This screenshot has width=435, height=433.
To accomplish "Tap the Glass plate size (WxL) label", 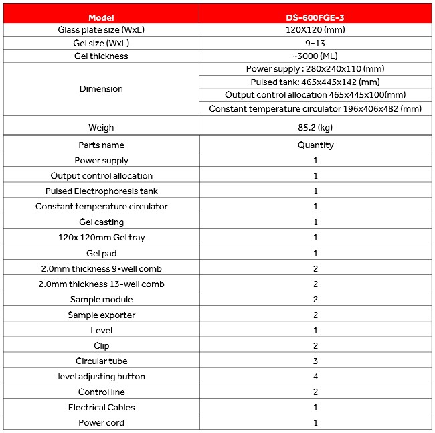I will [101, 30].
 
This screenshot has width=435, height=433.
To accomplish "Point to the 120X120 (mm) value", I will [315, 30].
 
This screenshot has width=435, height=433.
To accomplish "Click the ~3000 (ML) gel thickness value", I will [315, 56].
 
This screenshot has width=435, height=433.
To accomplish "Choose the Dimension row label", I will [101, 89].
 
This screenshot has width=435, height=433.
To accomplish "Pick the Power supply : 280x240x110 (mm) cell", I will [315, 69].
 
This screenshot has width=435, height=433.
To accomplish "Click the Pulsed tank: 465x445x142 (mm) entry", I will [315, 82].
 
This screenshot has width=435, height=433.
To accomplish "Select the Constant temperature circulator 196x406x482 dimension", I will [315, 108].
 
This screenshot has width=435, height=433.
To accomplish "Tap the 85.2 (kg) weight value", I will [315, 127].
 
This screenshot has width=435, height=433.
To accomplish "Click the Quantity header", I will [315, 145].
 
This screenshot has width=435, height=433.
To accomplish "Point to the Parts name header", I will [101, 145].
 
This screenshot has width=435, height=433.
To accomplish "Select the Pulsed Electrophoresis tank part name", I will [101, 191].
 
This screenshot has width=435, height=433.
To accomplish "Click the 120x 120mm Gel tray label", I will [101, 238].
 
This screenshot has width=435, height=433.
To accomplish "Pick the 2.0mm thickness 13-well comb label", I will [101, 284].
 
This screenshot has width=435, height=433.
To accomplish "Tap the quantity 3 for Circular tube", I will [315, 361].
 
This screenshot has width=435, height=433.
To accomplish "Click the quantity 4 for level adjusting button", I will [315, 377].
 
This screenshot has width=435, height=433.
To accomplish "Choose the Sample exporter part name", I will [101, 315].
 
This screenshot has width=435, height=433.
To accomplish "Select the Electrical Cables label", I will [101, 408].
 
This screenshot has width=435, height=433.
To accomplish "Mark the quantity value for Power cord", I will [315, 423].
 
